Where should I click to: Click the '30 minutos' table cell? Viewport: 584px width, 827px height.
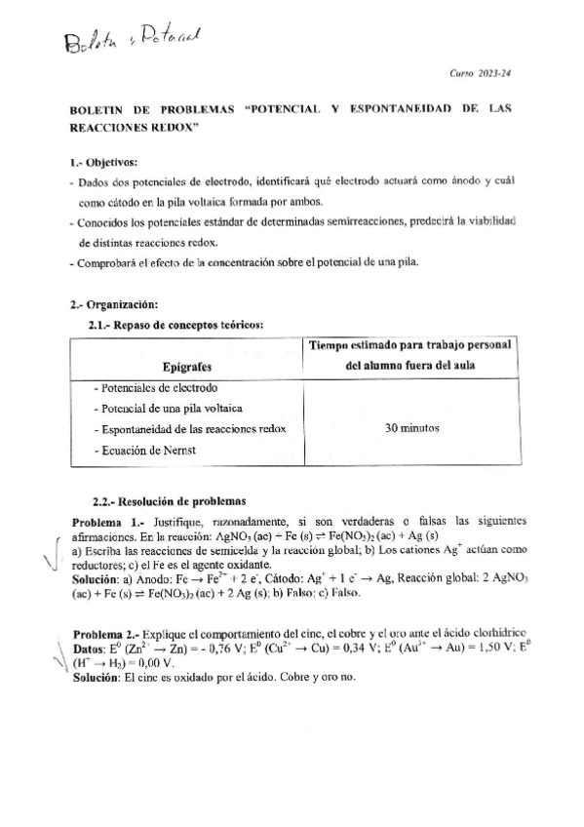(410, 427)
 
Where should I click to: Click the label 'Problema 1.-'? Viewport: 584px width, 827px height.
(108, 522)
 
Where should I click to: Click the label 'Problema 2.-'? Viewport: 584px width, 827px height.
(108, 607)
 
